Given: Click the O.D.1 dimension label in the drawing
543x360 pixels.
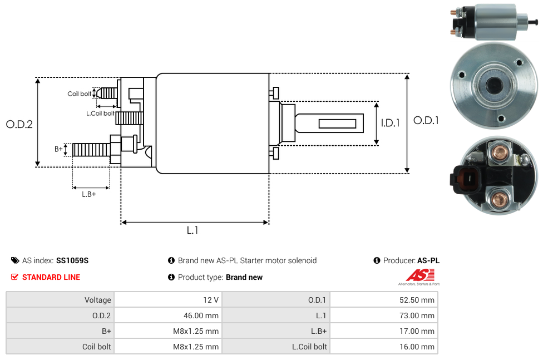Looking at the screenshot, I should click(x=426, y=120).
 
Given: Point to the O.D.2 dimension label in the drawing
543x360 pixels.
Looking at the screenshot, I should click(x=19, y=125).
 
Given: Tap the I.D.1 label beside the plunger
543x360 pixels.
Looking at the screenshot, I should click(x=391, y=124).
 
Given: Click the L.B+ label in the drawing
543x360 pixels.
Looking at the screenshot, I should click(x=89, y=194).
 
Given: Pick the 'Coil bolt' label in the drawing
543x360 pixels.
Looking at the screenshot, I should click(x=80, y=93).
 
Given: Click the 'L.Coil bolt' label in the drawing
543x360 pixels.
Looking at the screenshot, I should click(x=100, y=114).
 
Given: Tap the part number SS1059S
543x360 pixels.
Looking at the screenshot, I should click(x=72, y=260).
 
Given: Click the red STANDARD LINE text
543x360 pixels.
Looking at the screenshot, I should click(x=51, y=277).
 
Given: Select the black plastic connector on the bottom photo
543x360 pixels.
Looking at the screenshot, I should click(x=466, y=180).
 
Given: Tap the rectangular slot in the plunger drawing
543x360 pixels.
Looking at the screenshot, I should click(x=338, y=123).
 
